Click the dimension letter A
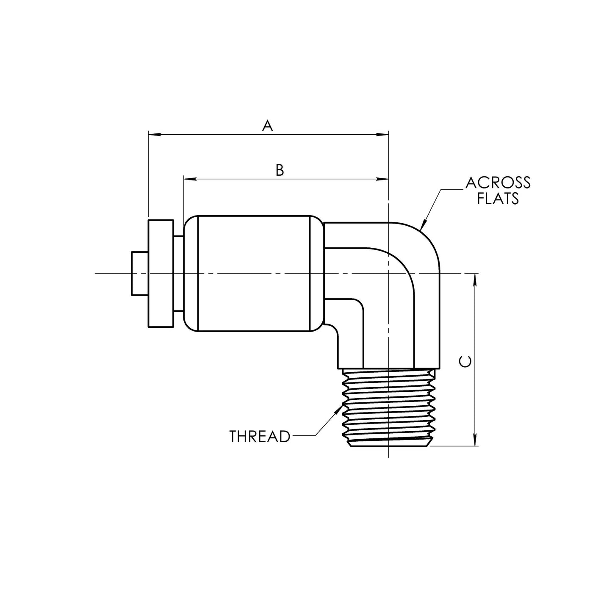tap(267, 126)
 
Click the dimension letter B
tap(280, 170)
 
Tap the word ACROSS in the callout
tap(498, 183)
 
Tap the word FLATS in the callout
tap(498, 198)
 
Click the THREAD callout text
tap(260, 437)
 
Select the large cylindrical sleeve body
tap(254, 273)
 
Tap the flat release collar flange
tap(161, 274)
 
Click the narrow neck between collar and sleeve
tap(178, 274)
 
